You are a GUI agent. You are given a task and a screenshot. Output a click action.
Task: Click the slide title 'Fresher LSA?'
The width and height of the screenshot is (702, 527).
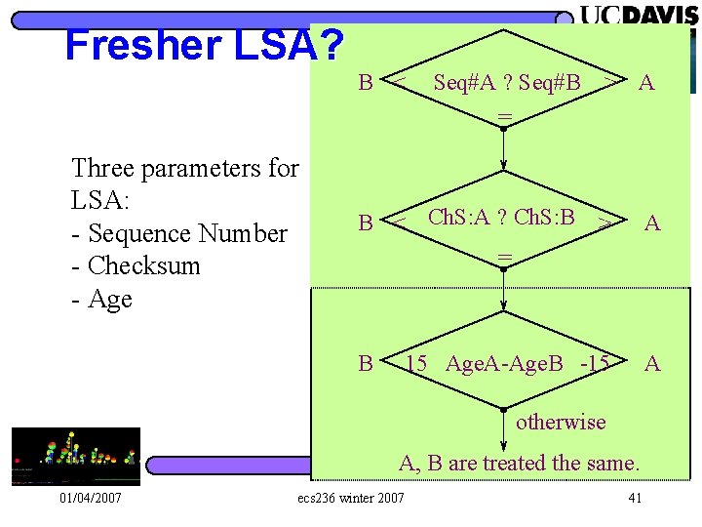pyautogui.click(x=204, y=45)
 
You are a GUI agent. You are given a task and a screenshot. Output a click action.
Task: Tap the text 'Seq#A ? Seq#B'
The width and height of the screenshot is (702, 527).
pyautogui.click(x=507, y=83)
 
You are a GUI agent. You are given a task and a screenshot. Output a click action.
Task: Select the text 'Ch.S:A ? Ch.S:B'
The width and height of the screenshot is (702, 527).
pyautogui.click(x=501, y=216)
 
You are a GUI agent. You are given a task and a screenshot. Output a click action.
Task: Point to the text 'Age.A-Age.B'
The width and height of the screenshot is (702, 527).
pyautogui.click(x=504, y=364)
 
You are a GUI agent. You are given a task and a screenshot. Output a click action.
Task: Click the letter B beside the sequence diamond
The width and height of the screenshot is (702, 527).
pyautogui.click(x=366, y=82)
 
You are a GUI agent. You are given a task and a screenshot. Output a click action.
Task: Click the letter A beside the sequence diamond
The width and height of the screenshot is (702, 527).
pyautogui.click(x=645, y=83)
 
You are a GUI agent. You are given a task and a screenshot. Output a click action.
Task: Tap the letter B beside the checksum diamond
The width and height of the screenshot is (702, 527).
pyautogui.click(x=366, y=223)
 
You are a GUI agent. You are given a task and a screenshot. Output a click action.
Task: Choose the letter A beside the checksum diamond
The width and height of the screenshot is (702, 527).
pyautogui.click(x=652, y=223)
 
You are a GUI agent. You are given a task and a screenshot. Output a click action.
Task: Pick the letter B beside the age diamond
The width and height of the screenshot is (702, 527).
pyautogui.click(x=366, y=364)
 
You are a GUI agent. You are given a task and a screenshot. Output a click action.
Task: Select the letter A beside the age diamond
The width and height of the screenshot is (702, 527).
pyautogui.click(x=652, y=364)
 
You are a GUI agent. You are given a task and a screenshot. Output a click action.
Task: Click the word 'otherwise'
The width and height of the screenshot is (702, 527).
pyautogui.click(x=561, y=422)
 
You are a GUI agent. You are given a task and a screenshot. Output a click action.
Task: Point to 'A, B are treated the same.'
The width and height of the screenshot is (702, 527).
pyautogui.click(x=519, y=463)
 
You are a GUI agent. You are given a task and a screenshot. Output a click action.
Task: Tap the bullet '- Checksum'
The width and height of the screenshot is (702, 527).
pyautogui.click(x=136, y=265)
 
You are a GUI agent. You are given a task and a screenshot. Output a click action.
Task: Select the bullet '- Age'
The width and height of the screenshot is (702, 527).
pyautogui.click(x=102, y=299)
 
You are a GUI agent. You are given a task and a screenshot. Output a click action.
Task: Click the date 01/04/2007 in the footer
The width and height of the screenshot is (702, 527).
pyautogui.click(x=90, y=500)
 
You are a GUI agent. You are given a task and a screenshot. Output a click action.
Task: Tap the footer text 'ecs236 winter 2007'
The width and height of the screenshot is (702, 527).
pyautogui.click(x=349, y=500)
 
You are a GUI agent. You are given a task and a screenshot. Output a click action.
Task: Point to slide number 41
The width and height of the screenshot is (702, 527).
pyautogui.click(x=635, y=500)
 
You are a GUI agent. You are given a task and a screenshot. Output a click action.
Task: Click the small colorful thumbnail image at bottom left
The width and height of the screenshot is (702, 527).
pyautogui.click(x=76, y=456)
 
